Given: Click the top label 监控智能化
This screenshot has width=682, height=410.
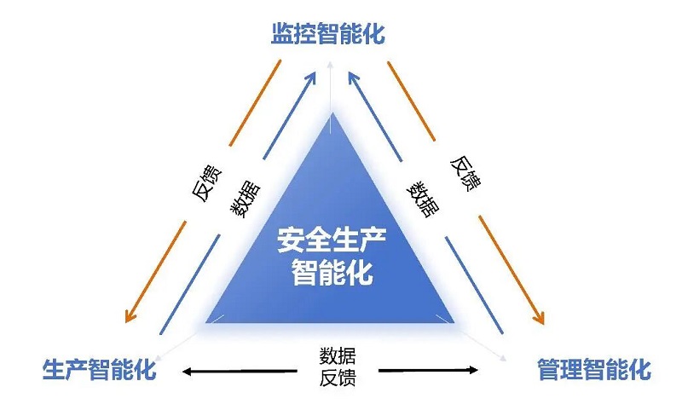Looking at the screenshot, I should (x=328, y=35).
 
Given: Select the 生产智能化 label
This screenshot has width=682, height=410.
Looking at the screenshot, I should (x=99, y=370).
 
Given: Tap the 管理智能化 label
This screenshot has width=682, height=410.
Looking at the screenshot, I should (x=593, y=370).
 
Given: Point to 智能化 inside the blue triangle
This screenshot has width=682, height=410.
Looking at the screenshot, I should (x=327, y=274).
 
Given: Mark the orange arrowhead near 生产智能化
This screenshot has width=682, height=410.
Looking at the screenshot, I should (x=130, y=316).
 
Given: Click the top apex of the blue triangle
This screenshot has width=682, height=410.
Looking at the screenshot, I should (x=331, y=113).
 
